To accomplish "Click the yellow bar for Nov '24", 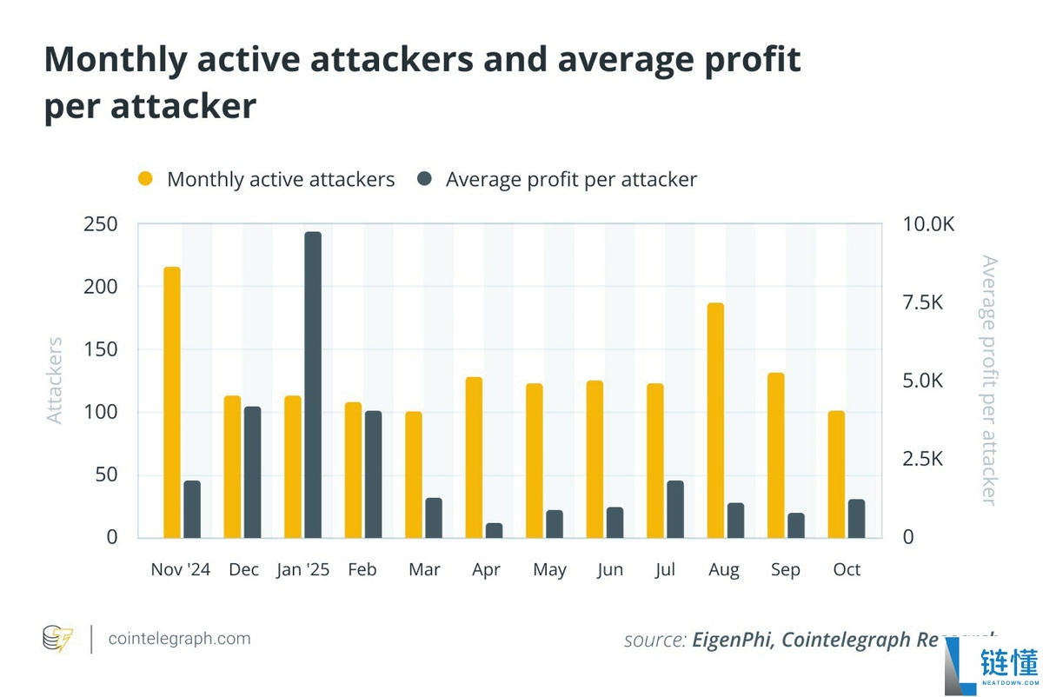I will click(x=172, y=402).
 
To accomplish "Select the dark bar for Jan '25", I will click(x=313, y=384).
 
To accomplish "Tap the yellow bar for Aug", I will click(x=715, y=420).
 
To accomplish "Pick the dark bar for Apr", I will click(x=494, y=530).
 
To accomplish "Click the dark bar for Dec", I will click(x=252, y=471).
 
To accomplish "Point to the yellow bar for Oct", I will click(x=836, y=474).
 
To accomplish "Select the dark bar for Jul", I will click(x=675, y=508).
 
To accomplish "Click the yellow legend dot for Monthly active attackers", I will click(x=145, y=179).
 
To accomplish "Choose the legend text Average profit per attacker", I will click(x=571, y=180).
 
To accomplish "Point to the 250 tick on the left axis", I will click(x=100, y=224).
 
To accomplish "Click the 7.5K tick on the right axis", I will click(x=923, y=302).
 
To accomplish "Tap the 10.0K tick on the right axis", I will click(x=928, y=224).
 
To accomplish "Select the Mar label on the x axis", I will click(x=424, y=569).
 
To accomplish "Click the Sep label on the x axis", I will click(x=786, y=569).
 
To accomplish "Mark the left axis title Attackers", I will click(x=55, y=380).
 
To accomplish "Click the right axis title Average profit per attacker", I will click(x=988, y=380).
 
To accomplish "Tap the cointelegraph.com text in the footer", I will click(x=179, y=639).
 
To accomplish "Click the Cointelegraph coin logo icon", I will click(x=57, y=639).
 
